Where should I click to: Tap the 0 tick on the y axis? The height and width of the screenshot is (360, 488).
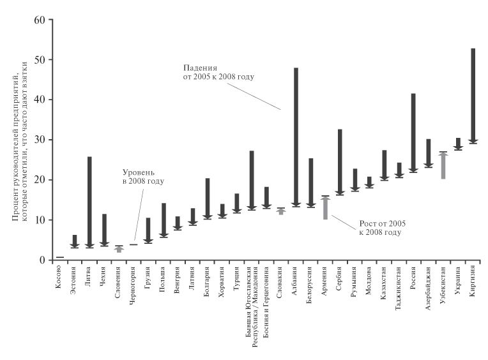tap(43, 260)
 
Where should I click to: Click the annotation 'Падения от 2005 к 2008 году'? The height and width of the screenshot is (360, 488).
tap(218, 72)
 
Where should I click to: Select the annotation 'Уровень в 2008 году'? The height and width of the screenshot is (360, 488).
tap(143, 177)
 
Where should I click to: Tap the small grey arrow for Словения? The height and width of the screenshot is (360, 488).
tap(119, 250)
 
